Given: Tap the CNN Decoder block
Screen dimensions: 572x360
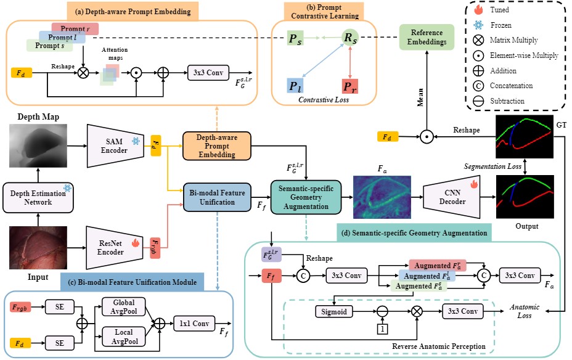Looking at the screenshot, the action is [452, 197].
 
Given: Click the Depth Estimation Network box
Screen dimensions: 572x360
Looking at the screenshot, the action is [38, 198].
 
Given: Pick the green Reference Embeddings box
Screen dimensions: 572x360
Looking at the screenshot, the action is [427, 37].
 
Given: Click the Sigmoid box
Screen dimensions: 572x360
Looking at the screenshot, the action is [334, 311].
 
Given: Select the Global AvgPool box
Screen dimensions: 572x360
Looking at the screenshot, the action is [124, 307].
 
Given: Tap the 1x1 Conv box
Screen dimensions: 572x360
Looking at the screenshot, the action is [194, 324].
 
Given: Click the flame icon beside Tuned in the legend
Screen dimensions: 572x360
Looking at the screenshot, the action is [478, 9].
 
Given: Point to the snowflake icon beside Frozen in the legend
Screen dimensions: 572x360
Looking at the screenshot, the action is [478, 25].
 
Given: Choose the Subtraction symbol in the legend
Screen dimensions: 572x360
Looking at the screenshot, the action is [478, 101].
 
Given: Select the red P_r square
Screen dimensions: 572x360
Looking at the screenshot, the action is [350, 86].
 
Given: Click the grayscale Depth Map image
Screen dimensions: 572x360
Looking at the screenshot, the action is [38, 145].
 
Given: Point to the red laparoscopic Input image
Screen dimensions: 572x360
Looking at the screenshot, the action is [38, 248].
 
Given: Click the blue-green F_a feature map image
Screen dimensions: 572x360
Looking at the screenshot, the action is [382, 197].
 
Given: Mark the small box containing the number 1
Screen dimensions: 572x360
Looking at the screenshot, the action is [382, 329].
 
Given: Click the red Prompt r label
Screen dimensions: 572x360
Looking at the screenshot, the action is [75, 29].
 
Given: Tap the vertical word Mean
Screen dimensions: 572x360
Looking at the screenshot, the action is [420, 97].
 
